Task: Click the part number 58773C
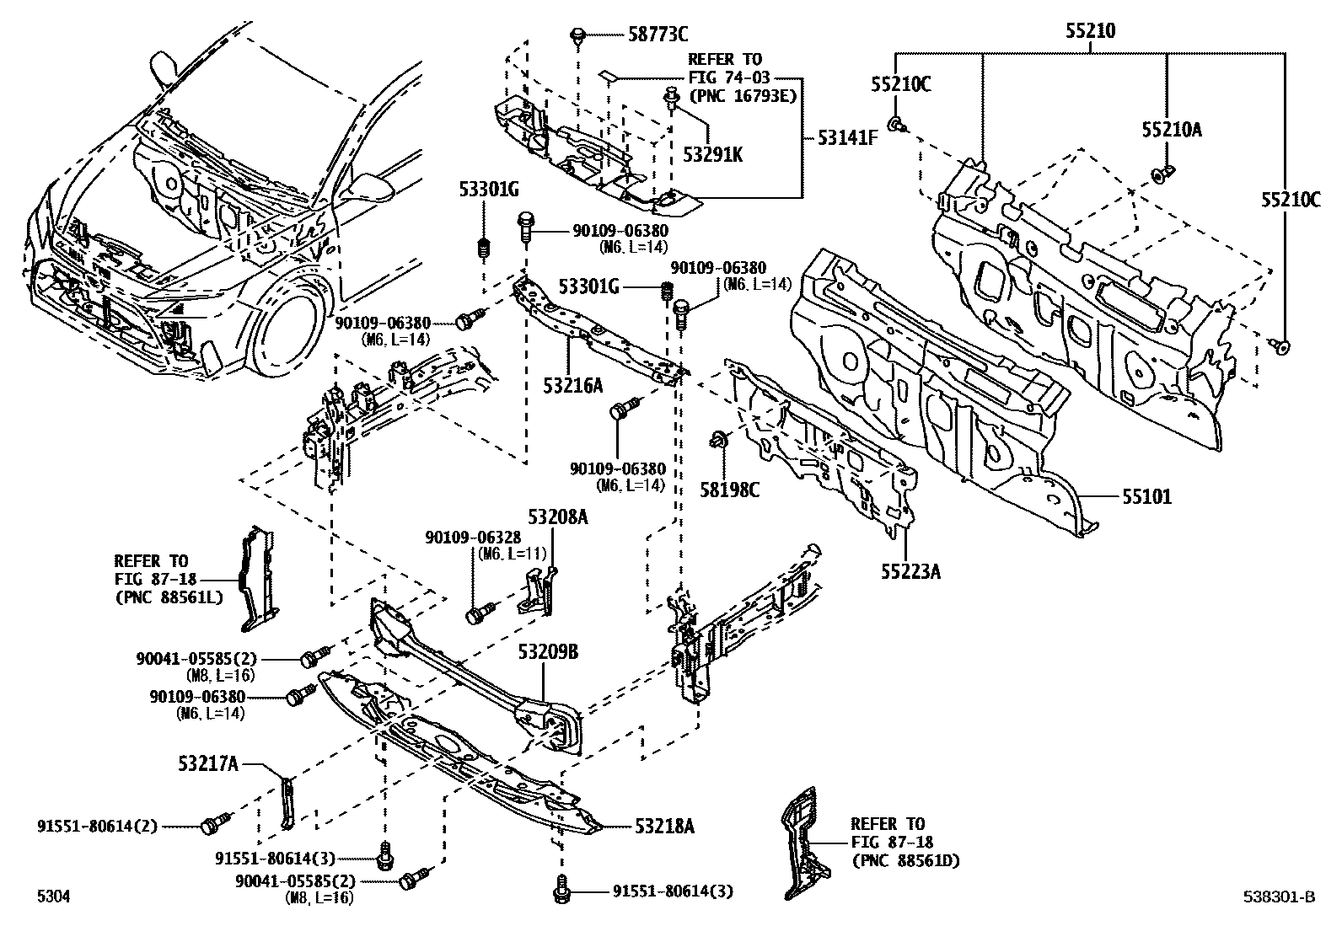click(x=658, y=35)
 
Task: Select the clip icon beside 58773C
click(x=577, y=35)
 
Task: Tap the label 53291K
click(x=712, y=155)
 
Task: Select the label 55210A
click(x=1172, y=130)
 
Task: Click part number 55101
click(x=1146, y=497)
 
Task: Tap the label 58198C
click(x=729, y=489)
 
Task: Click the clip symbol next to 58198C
click(x=719, y=438)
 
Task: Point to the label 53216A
click(x=572, y=386)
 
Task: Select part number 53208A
click(x=558, y=517)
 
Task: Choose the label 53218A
click(x=665, y=827)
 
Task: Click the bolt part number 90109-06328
click(x=472, y=538)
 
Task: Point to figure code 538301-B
click(x=1278, y=897)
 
